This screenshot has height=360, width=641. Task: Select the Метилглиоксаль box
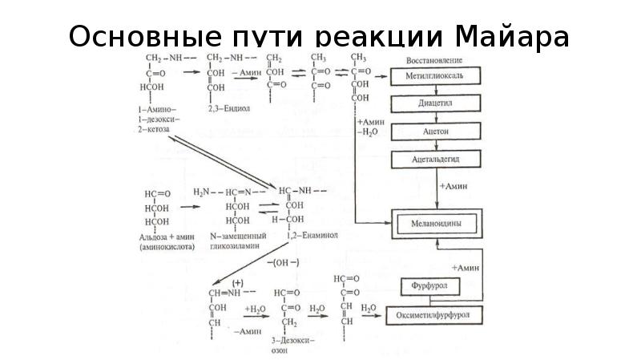point(436,76)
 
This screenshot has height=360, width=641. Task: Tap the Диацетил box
point(436,103)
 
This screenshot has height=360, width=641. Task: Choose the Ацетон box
point(436,130)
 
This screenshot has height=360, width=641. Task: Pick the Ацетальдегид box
point(436,159)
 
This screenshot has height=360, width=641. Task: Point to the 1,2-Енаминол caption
point(309,237)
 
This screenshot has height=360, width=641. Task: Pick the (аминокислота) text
point(165,247)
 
